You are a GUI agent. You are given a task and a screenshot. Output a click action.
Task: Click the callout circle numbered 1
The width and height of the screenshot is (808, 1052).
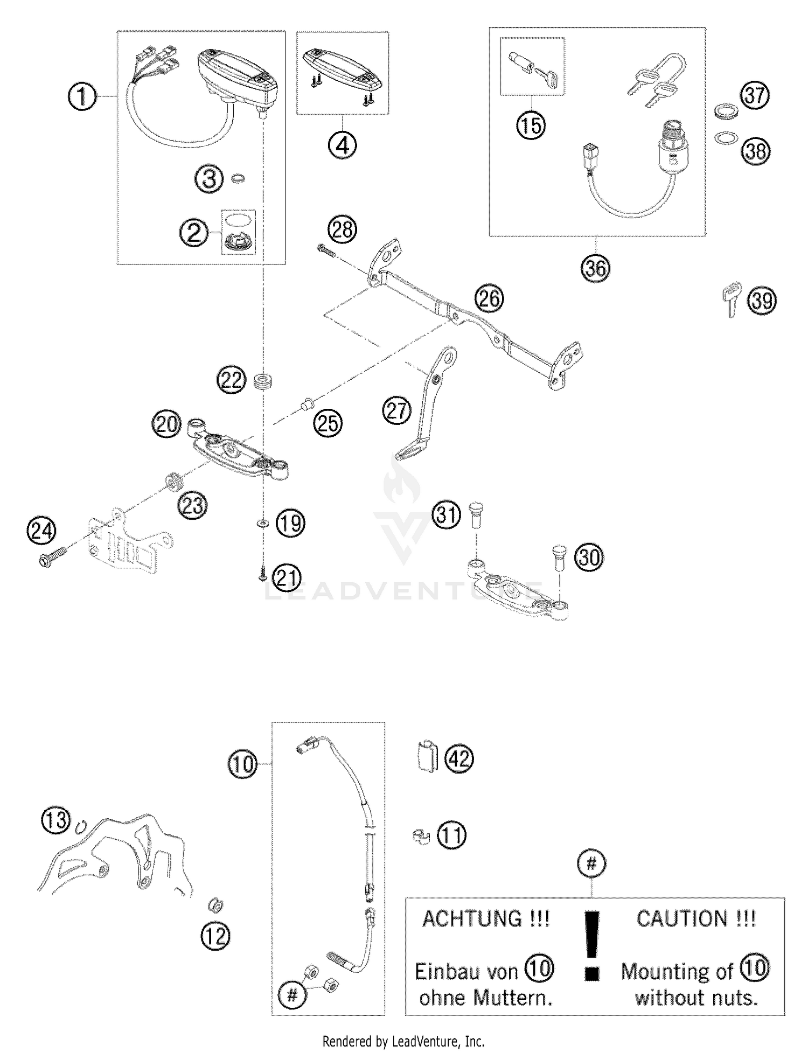click(82, 97)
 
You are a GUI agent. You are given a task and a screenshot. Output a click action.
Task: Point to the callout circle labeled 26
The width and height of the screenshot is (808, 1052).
click(489, 298)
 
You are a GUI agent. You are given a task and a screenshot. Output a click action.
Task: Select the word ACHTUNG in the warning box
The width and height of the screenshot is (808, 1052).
click(472, 918)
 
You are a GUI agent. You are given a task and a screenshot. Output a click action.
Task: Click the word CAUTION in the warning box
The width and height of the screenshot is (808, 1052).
click(681, 918)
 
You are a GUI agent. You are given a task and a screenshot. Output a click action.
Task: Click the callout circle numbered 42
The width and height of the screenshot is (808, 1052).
click(459, 759)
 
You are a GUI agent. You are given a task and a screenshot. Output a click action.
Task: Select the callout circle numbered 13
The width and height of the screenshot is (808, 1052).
click(56, 820)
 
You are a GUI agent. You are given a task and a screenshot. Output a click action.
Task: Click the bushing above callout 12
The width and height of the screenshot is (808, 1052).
click(216, 905)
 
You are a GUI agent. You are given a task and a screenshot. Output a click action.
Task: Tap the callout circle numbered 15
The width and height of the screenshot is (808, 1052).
click(531, 125)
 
